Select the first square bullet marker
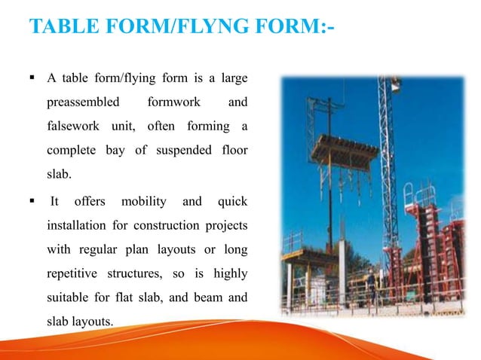[32, 78]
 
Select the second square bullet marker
[32, 201]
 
